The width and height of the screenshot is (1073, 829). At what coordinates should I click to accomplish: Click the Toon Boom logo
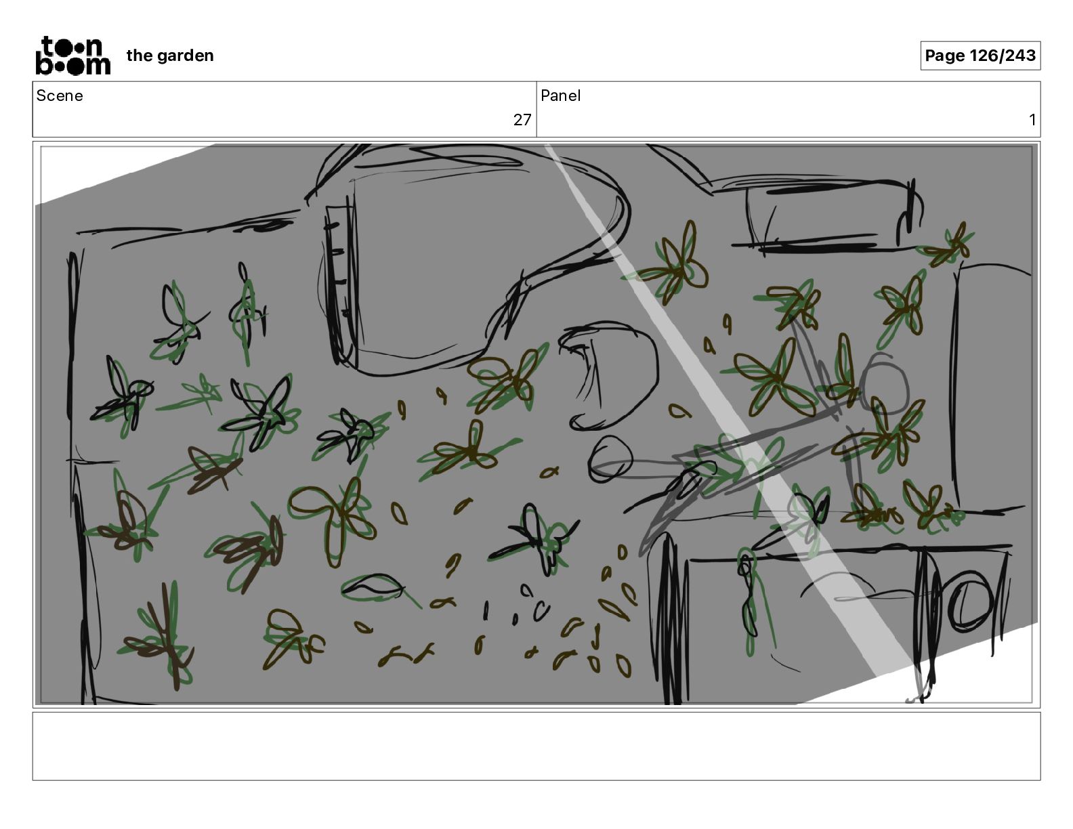click(73, 56)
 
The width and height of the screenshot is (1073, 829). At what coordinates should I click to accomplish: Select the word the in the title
click(140, 56)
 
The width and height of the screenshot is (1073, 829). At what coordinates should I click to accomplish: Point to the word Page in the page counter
click(944, 56)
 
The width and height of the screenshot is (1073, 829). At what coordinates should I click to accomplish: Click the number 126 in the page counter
click(984, 56)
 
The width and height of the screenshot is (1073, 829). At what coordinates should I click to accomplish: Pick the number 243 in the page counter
click(1019, 56)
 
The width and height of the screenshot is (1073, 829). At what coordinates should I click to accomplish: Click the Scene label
click(60, 95)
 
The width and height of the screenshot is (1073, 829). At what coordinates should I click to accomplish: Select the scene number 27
click(522, 119)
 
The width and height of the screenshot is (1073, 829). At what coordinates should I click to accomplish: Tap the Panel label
click(560, 95)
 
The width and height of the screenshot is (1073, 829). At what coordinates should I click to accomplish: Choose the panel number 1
click(1032, 119)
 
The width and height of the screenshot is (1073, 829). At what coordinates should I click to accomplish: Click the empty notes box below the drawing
click(536, 746)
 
